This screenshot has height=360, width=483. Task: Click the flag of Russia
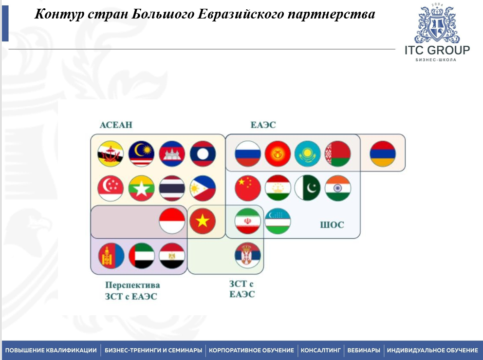coord(247,153)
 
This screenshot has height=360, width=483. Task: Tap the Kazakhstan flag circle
coord(308,153)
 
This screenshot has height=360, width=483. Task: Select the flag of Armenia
coord(382,153)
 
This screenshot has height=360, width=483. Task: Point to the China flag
coord(247,188)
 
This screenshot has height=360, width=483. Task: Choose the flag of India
coord(338,188)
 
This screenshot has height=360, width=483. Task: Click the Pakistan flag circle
coord(308,188)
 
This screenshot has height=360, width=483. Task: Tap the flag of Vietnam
coord(202,222)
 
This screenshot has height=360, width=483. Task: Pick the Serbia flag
coord(248,255)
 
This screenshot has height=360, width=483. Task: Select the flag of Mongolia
coord(111,255)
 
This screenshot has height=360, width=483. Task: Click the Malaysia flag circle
coord(141,153)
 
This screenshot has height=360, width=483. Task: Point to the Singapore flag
coord(111,188)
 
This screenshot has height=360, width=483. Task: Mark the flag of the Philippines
coord(202,188)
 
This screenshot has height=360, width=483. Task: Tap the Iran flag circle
coord(248,222)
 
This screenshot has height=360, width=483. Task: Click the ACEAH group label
coord(116,125)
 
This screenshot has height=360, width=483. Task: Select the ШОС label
coord(332,225)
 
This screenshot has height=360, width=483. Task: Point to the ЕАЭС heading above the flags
coord(263,125)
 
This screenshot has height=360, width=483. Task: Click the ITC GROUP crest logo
coord(437,25)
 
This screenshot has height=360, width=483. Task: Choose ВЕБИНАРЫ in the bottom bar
coord(363,350)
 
